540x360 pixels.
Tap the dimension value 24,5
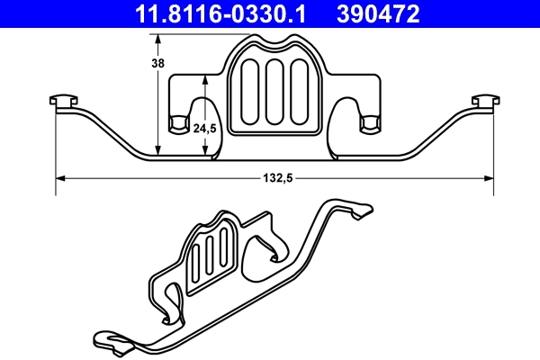(206, 129)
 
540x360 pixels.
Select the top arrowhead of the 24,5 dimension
(206, 78)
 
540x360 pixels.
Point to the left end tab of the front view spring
(62, 101)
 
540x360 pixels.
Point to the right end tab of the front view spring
(485, 101)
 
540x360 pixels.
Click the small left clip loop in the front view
(179, 123)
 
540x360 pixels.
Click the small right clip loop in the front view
(368, 123)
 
